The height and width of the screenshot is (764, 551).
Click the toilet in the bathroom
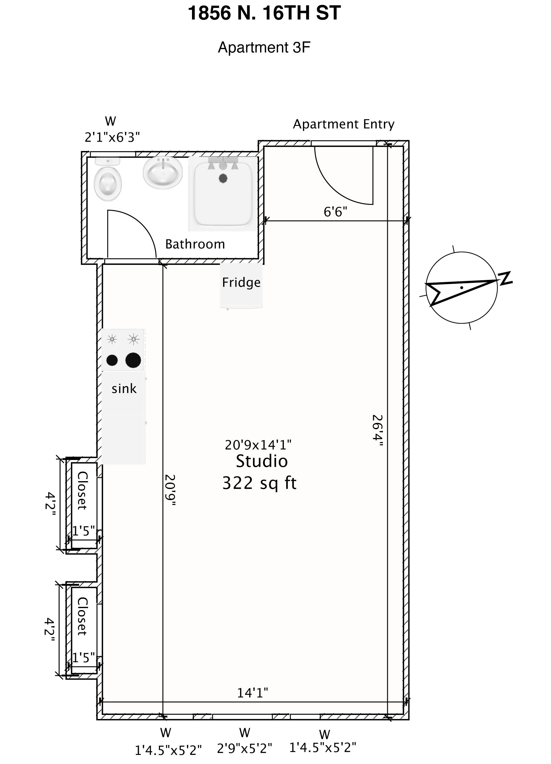(x=107, y=182)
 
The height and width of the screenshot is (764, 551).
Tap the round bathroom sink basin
(x=163, y=173)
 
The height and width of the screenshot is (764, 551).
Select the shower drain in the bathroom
(x=223, y=178)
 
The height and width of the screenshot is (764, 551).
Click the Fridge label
(x=241, y=283)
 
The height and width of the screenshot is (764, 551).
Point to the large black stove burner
(x=133, y=360)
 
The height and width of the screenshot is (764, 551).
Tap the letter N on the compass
(x=505, y=278)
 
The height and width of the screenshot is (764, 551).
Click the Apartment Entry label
(x=343, y=124)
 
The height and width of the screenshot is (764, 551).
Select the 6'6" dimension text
(x=335, y=212)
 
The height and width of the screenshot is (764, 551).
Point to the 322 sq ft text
(x=259, y=483)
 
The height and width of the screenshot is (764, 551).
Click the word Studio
(x=262, y=461)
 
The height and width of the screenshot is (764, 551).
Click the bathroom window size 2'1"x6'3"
(x=112, y=137)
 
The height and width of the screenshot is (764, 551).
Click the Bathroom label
(x=195, y=244)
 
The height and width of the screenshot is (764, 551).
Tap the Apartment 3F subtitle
(x=264, y=48)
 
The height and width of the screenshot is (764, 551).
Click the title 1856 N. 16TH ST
(x=264, y=14)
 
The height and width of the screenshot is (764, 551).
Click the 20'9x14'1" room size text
(x=258, y=445)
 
